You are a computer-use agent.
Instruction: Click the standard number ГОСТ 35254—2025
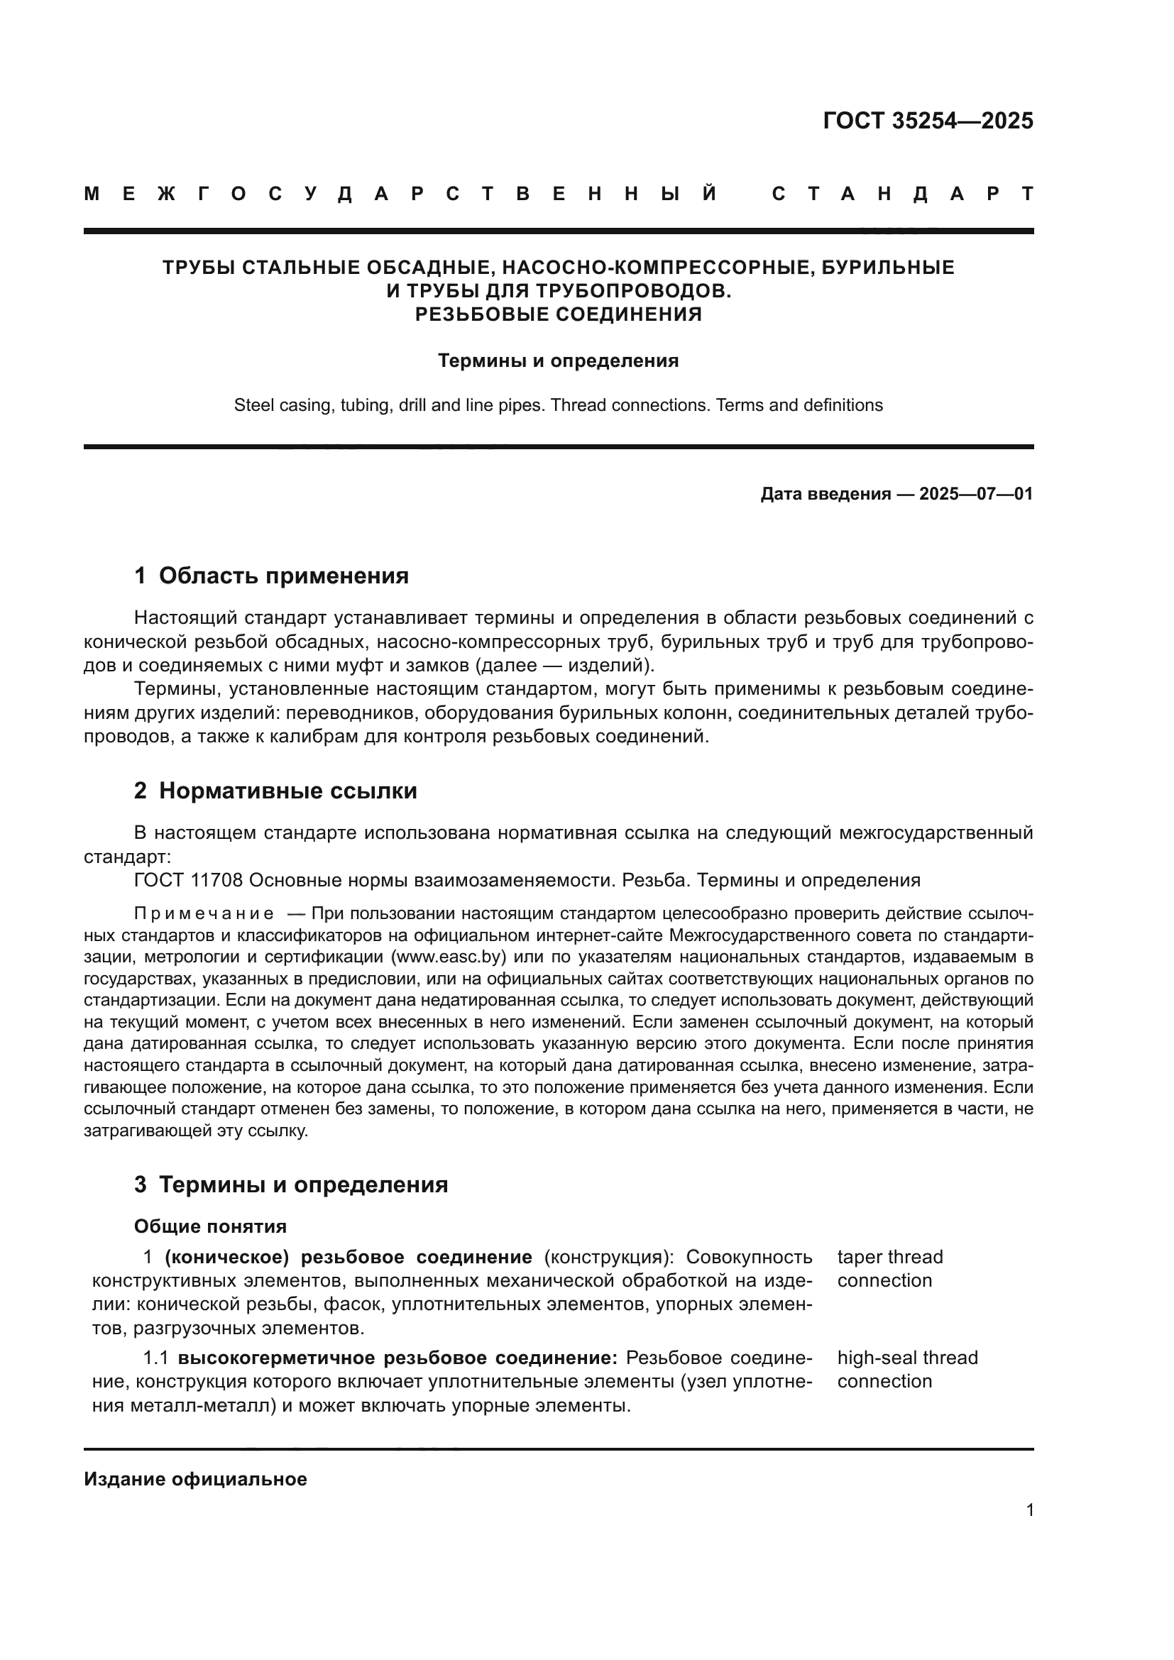pos(928,121)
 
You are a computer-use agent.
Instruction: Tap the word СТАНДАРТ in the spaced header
pos(903,194)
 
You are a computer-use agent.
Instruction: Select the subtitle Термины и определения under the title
pos(558,361)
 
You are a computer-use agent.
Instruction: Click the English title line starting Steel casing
pos(558,405)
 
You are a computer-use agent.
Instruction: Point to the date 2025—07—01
pos(976,494)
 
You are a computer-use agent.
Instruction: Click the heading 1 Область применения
pos(271,576)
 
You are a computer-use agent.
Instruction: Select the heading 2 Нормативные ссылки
pos(275,791)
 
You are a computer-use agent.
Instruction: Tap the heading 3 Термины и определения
pos(290,1184)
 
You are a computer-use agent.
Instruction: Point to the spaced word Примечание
pos(204,914)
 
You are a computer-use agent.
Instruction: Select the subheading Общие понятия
pos(210,1226)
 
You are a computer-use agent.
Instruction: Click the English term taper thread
pos(890,1257)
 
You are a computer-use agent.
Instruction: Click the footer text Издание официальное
pos(195,1478)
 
